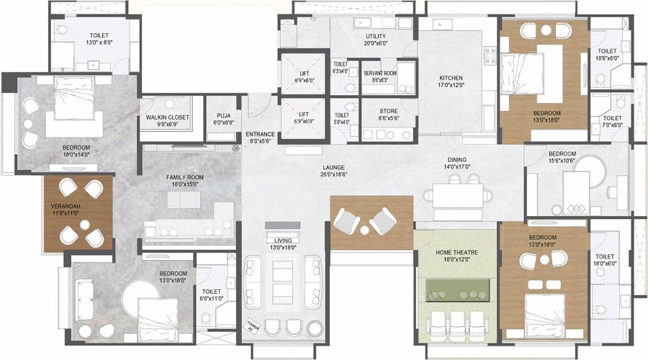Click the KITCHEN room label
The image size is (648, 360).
[x=451, y=78]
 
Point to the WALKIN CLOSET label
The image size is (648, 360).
[x=167, y=117]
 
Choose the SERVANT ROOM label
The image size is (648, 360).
[x=379, y=73]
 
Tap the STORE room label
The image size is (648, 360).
[x=379, y=111]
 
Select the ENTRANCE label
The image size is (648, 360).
[x=260, y=135]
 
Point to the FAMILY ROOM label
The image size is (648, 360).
[x=186, y=176]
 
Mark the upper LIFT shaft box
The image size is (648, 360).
[x=303, y=74]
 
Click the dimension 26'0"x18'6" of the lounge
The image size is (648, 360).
[x=338, y=174]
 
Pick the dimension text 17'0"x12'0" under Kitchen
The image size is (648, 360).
[x=451, y=86]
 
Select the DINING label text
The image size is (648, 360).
[x=456, y=160]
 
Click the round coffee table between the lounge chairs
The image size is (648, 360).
[x=365, y=229]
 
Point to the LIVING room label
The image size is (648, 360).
[x=282, y=240]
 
